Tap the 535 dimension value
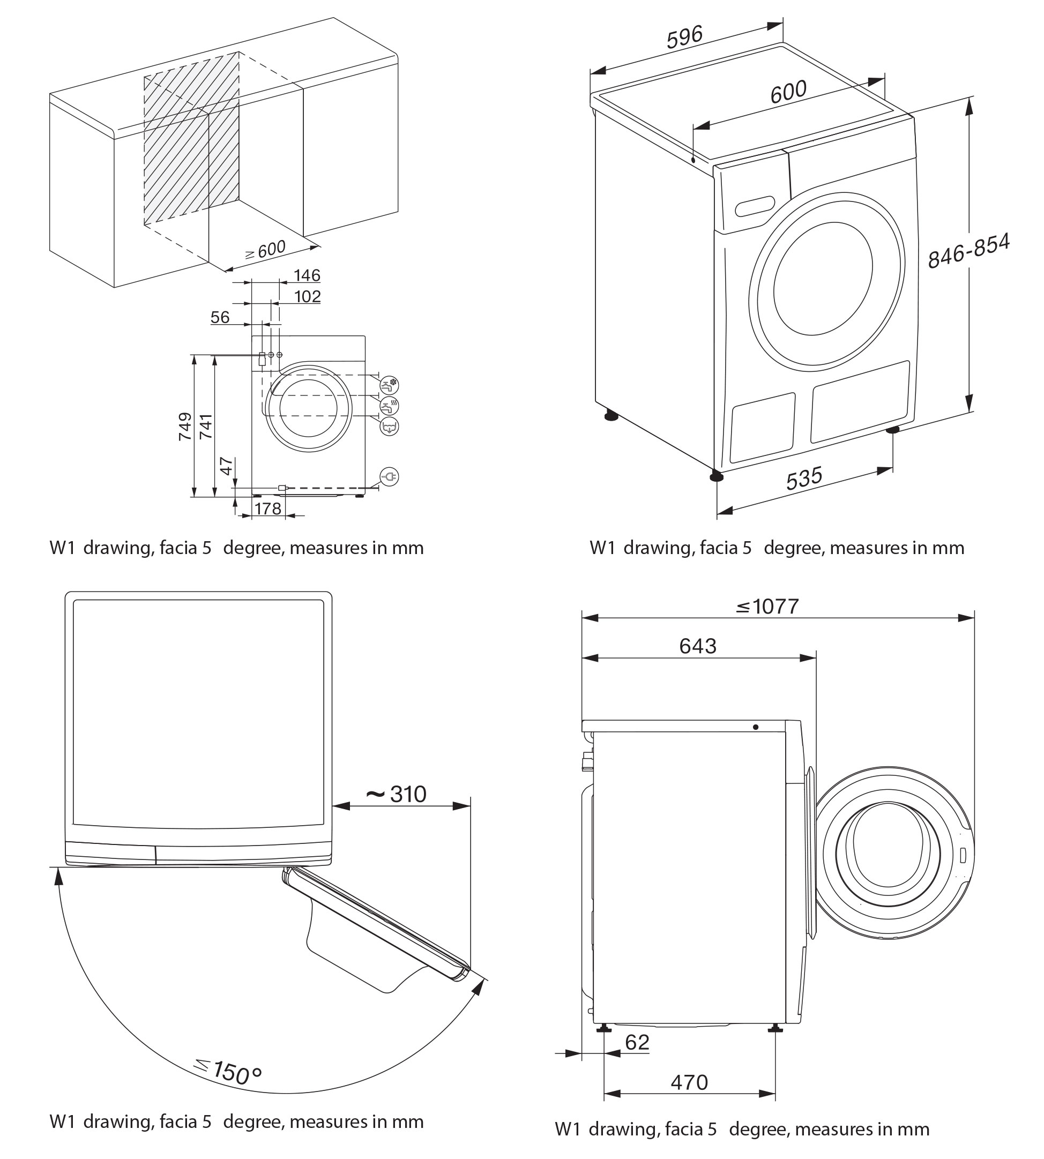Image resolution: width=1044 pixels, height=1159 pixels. [x=804, y=478]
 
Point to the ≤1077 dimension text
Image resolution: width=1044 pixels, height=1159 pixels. [x=767, y=606]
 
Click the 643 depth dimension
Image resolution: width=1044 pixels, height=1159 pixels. [x=698, y=646]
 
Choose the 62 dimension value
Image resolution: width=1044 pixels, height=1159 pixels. [x=637, y=1042]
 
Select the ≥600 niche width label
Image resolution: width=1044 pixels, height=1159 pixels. [x=265, y=250]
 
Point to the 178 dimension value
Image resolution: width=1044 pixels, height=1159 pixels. [x=268, y=509]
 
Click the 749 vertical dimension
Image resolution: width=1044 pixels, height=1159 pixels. [x=185, y=426]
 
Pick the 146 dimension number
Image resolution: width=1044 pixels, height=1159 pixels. [x=307, y=276]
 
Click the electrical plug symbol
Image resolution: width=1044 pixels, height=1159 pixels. [x=390, y=476]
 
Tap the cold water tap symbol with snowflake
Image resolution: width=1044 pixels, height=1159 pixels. [x=390, y=384]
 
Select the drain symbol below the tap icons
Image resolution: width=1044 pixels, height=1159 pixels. [x=390, y=426]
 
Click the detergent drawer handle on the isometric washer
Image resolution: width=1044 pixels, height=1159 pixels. [x=755, y=206]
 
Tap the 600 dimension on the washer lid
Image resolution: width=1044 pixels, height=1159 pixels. [x=788, y=92]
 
